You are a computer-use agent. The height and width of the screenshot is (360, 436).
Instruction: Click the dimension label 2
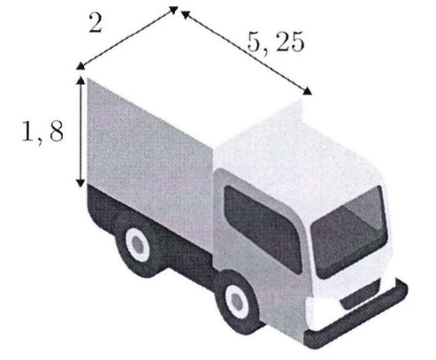coord(96,23)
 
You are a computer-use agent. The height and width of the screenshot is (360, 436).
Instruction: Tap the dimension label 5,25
coord(275,42)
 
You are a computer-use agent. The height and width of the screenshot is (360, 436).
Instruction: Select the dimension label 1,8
coord(42,131)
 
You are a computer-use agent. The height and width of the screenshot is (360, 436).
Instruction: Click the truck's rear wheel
coord(137,244)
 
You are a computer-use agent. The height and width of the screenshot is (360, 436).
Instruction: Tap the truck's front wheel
coord(237,301)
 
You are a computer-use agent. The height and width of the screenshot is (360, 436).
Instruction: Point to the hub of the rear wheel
coord(137,244)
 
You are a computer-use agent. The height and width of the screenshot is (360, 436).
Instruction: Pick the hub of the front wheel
coord(236,301)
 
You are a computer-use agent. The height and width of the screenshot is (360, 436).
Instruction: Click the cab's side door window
coord(263,228)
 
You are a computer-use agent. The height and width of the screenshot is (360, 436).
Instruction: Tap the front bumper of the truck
coord(356,316)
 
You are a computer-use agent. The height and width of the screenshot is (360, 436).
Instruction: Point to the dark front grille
coord(360,295)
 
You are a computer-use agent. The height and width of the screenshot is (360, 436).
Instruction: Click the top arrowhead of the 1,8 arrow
coord(80,80)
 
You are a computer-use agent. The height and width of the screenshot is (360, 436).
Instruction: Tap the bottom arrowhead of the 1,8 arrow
coord(80,183)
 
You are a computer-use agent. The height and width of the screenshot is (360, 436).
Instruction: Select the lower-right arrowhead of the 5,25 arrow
coord(307,91)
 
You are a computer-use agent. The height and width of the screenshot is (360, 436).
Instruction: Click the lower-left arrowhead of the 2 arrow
coord(80,66)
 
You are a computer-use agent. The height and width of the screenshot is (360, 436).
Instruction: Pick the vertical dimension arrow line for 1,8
coord(80,132)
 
